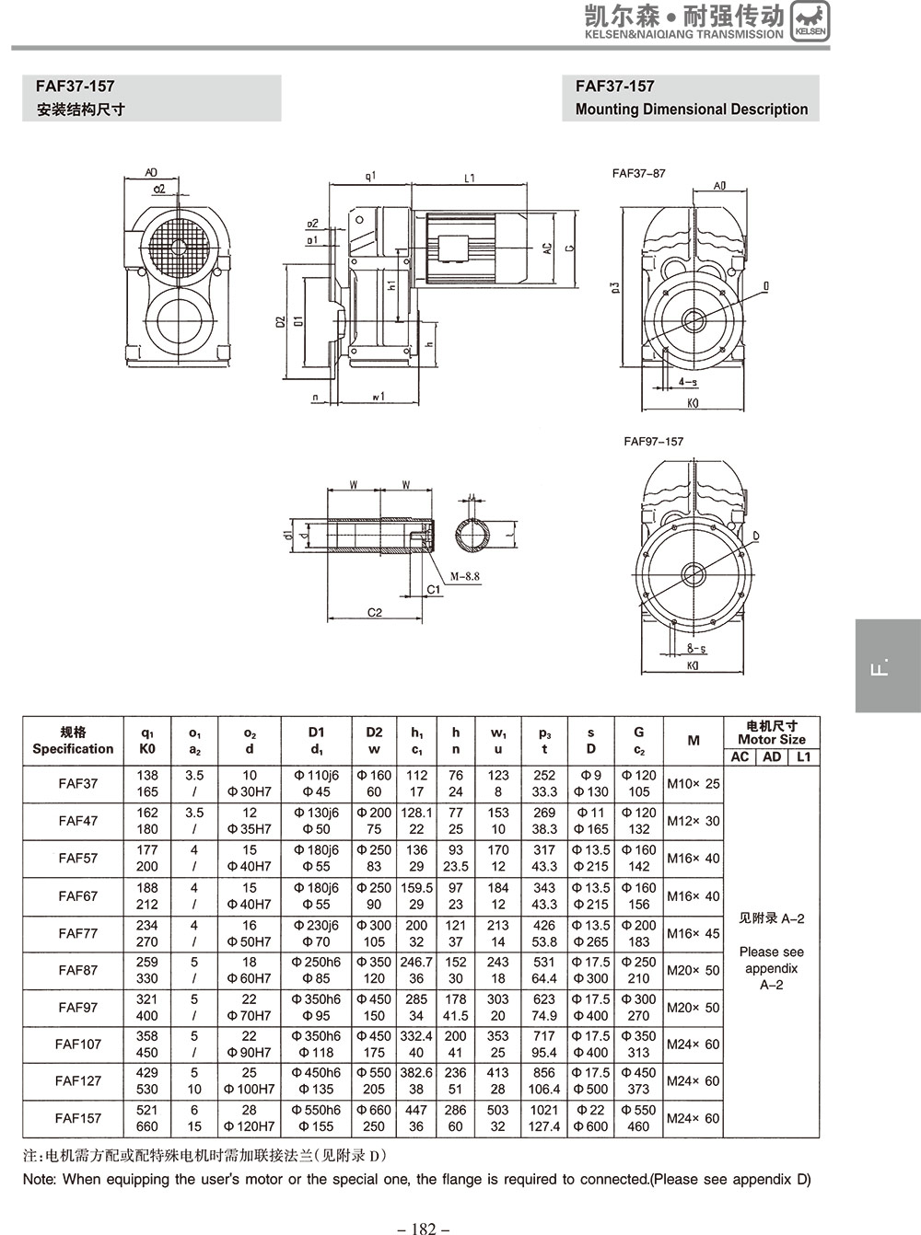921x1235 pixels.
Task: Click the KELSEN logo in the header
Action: click(x=810, y=20)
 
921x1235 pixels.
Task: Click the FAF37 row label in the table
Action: click(x=77, y=783)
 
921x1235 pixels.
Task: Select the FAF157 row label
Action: click(x=77, y=1118)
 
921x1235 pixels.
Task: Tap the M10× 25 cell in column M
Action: click(x=694, y=783)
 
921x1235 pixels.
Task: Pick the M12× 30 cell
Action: click(x=694, y=821)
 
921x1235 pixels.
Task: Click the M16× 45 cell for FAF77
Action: click(x=694, y=933)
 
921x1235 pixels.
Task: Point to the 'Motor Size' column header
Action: click(x=771, y=740)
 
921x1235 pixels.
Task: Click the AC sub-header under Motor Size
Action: click(x=740, y=756)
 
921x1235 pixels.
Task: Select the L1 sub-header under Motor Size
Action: click(x=804, y=756)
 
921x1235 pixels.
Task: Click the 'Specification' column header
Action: click(x=73, y=748)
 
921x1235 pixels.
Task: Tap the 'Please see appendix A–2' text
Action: click(x=771, y=968)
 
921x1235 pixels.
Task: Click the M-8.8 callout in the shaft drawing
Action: click(x=464, y=577)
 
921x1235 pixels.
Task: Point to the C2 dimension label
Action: click(x=374, y=613)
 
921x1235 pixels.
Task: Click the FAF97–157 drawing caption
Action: click(x=653, y=441)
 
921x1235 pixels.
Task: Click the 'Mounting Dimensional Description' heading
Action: click(x=691, y=109)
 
